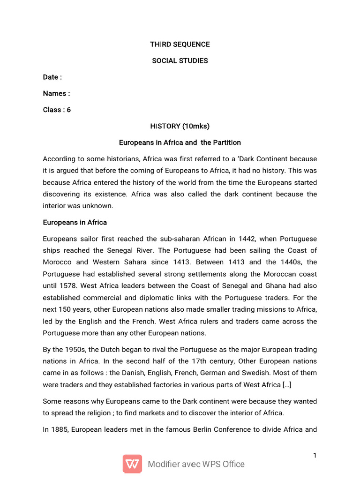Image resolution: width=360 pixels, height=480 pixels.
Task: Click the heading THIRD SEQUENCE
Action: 180,45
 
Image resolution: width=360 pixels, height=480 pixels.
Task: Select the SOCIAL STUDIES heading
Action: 180,61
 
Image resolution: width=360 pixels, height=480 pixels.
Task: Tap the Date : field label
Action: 52,77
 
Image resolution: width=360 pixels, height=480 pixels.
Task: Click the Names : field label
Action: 56,93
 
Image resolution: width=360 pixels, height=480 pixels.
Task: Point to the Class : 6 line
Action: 57,110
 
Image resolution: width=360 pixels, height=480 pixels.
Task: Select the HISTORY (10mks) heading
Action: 180,126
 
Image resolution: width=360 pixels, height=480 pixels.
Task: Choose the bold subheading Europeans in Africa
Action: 75,223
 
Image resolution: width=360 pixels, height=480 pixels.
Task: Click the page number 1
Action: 315,456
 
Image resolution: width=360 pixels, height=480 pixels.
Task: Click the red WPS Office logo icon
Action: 133,464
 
